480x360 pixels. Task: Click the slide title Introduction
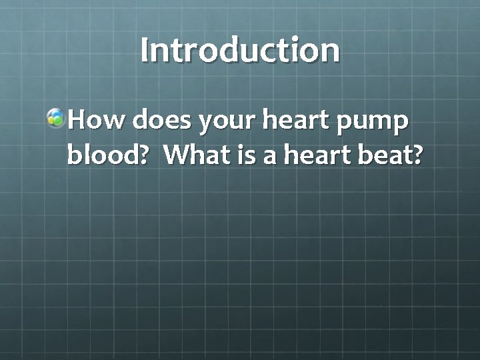coord(240,51)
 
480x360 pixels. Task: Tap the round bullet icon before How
coord(56,119)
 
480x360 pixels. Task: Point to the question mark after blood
coord(153,155)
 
